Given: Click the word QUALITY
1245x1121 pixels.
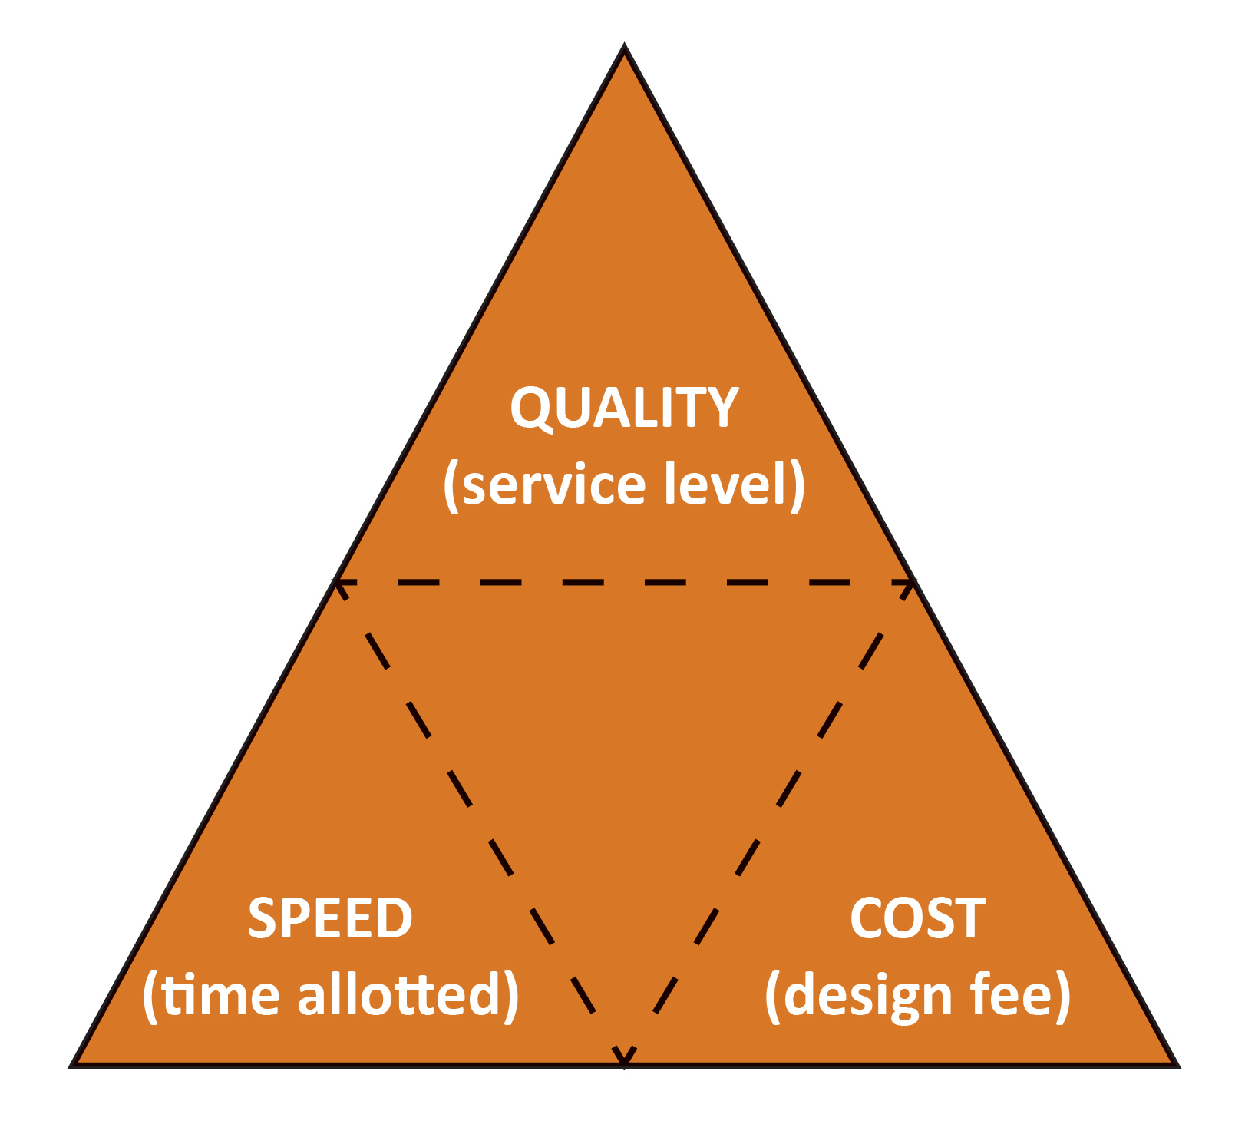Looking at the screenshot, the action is point(624,408).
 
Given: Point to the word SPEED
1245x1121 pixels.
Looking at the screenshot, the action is point(330,918).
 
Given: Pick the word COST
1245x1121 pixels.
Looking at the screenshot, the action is point(917,918).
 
